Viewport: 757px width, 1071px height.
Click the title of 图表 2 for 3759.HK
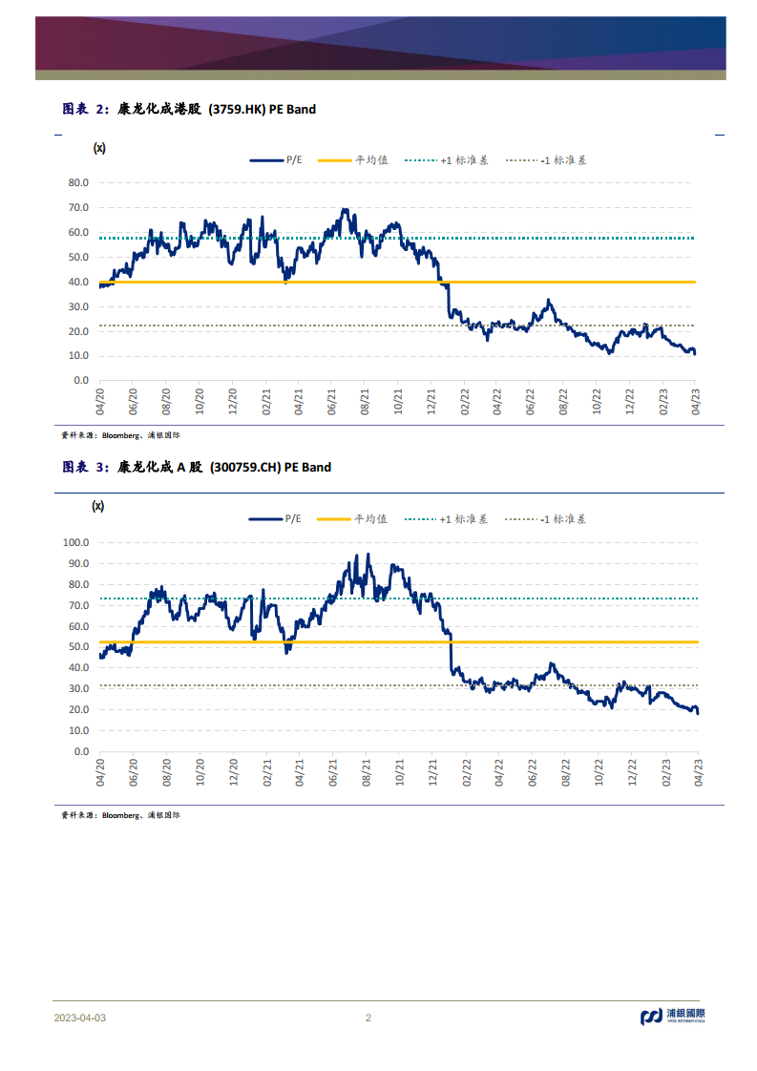point(188,110)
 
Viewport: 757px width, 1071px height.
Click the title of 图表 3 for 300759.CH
point(197,468)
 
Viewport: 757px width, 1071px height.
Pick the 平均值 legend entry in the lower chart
point(352,519)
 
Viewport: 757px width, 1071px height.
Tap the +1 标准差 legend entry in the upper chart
point(445,160)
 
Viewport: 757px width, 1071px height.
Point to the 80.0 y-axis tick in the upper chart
point(78,182)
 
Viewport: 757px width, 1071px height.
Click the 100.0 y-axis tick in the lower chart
point(75,541)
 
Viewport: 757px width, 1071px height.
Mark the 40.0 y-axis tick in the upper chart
point(78,282)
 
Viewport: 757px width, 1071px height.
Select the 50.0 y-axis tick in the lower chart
point(78,646)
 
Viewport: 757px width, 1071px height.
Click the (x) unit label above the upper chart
point(98,148)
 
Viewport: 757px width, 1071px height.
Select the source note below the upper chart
point(121,434)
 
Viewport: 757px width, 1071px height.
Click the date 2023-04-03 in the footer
point(80,1018)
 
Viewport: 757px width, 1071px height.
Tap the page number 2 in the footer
point(368,1018)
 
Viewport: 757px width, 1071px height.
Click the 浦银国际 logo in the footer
point(672,1017)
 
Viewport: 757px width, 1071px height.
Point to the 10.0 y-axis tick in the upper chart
point(78,356)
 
